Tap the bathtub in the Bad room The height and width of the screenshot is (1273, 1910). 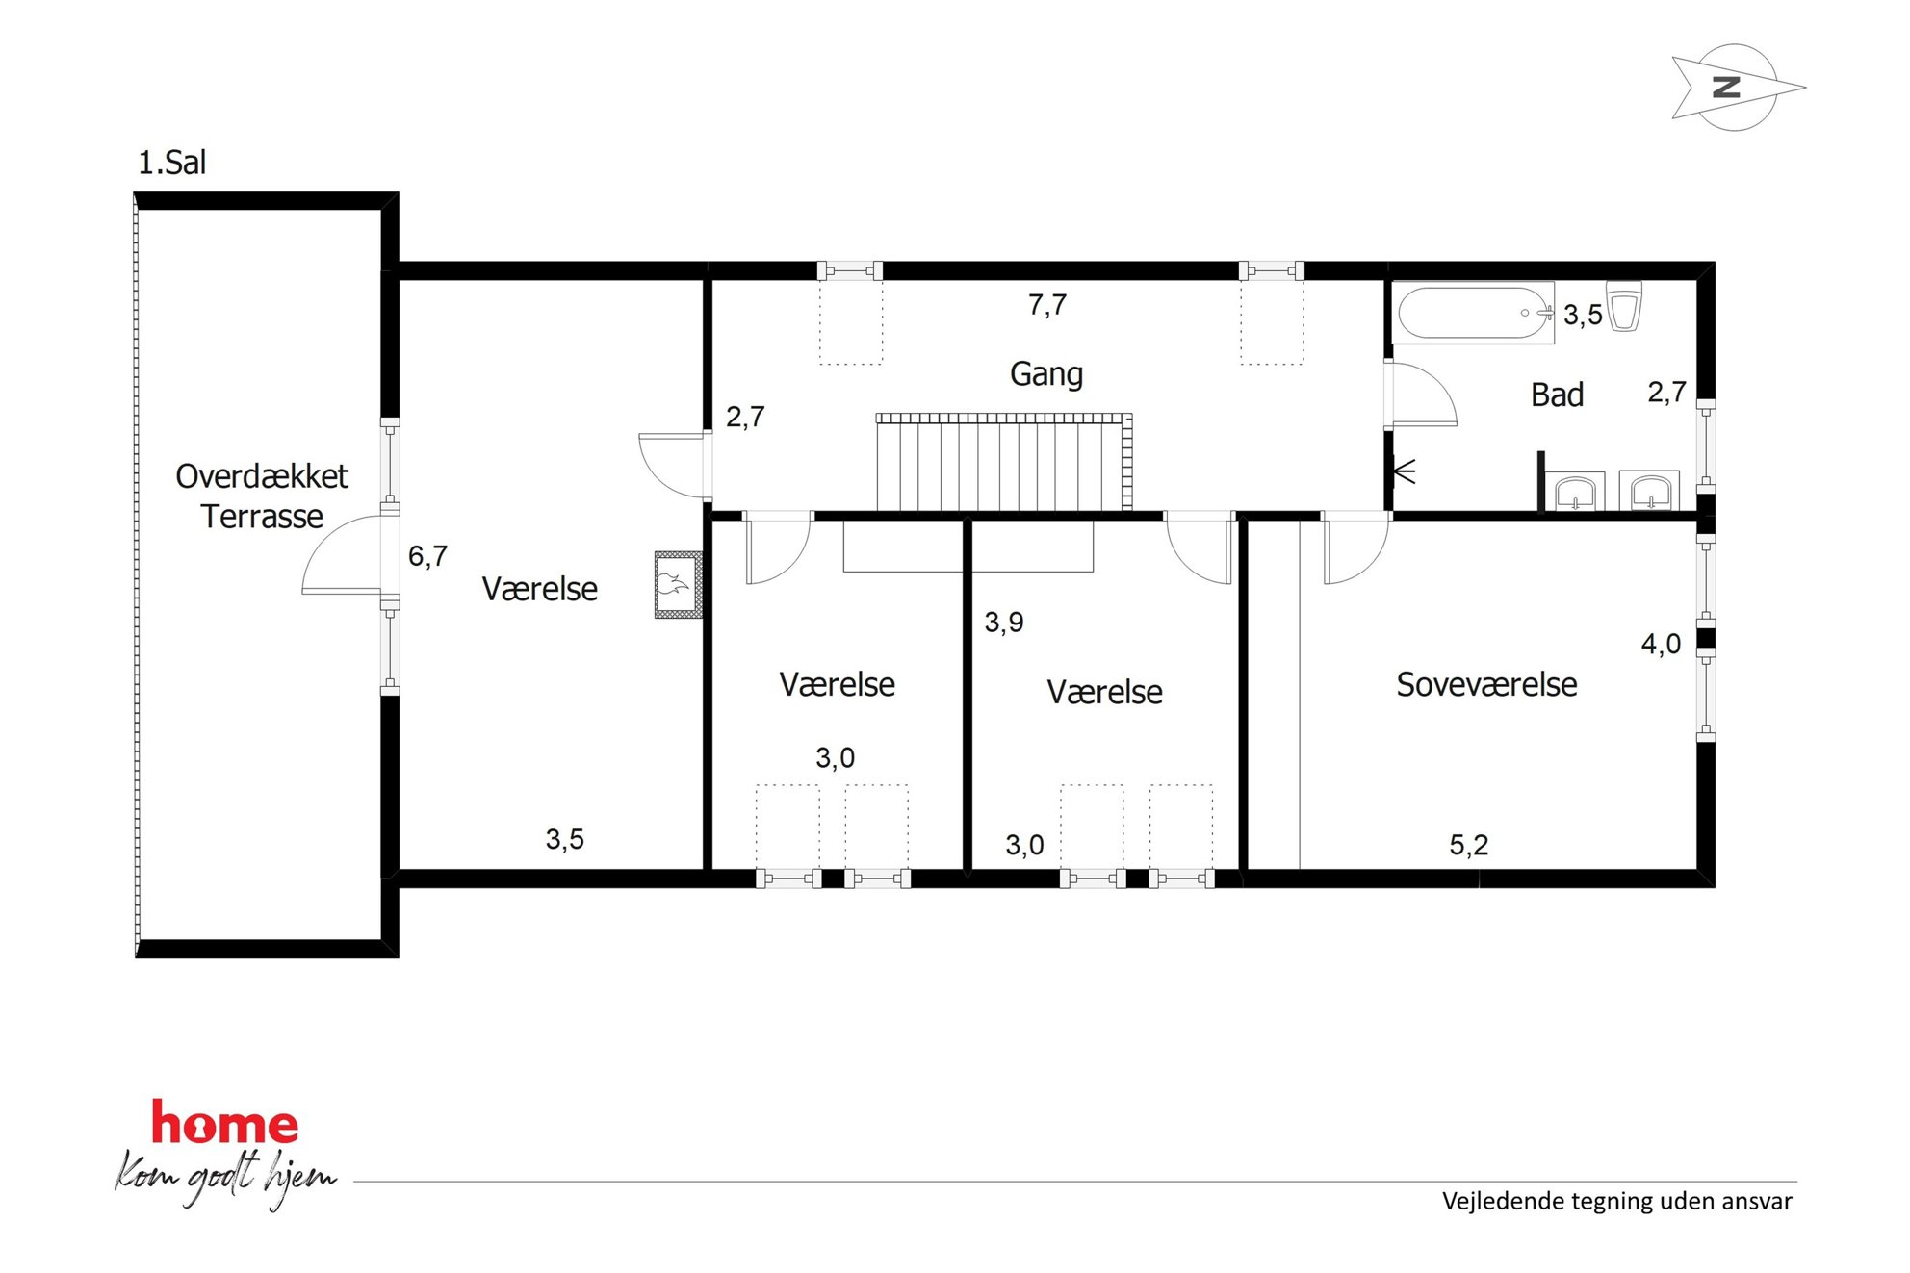pyautogui.click(x=1473, y=313)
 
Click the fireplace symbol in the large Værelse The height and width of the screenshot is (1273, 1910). pyautogui.click(x=679, y=584)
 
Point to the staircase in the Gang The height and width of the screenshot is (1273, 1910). pyautogui.click(x=1004, y=462)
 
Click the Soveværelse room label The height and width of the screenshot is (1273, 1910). pyautogui.click(x=1486, y=684)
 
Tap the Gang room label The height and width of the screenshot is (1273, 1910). pyautogui.click(x=1046, y=374)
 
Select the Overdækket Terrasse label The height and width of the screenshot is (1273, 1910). pyautogui.click(x=262, y=496)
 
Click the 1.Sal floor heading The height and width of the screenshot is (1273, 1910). pyautogui.click(x=172, y=163)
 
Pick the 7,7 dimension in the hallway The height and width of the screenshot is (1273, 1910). pyautogui.click(x=1047, y=305)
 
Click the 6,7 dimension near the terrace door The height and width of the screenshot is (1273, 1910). pyautogui.click(x=427, y=556)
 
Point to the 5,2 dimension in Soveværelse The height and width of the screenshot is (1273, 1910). pyautogui.click(x=1469, y=845)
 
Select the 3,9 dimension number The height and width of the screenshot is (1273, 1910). pyautogui.click(x=1004, y=623)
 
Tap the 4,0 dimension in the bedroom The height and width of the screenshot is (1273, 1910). pyautogui.click(x=1662, y=644)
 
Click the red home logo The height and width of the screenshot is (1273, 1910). pyautogui.click(x=225, y=1123)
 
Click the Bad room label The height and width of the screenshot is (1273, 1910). pyautogui.click(x=1557, y=395)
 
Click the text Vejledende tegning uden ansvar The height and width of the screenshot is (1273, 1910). pyautogui.click(x=1617, y=1201)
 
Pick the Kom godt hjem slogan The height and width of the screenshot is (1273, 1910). pyautogui.click(x=226, y=1179)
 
